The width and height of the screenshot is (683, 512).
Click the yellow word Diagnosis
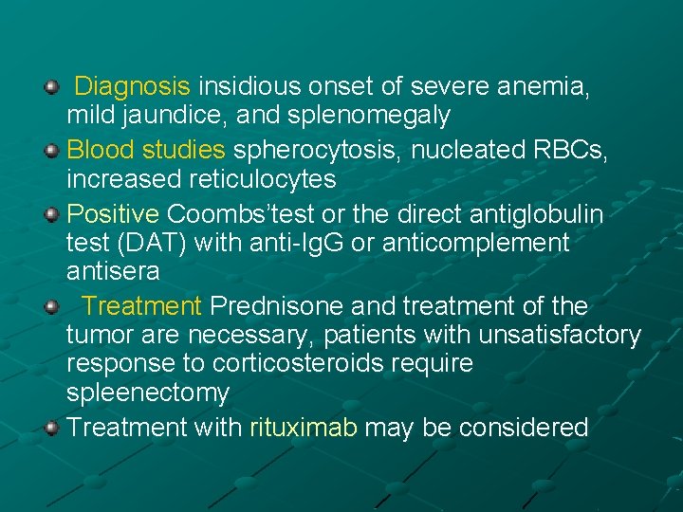point(133,87)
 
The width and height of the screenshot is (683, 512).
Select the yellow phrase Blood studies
point(146,150)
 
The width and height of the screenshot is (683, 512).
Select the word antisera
point(113,271)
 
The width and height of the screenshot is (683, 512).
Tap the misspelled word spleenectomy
point(148,393)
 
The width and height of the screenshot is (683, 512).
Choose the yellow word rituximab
point(304,428)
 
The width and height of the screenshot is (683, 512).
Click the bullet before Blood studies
point(52,149)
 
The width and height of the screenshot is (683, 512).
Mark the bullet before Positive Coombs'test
point(52,213)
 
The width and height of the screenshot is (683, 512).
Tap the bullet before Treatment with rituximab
point(52,427)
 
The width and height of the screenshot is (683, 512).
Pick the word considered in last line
point(524,428)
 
